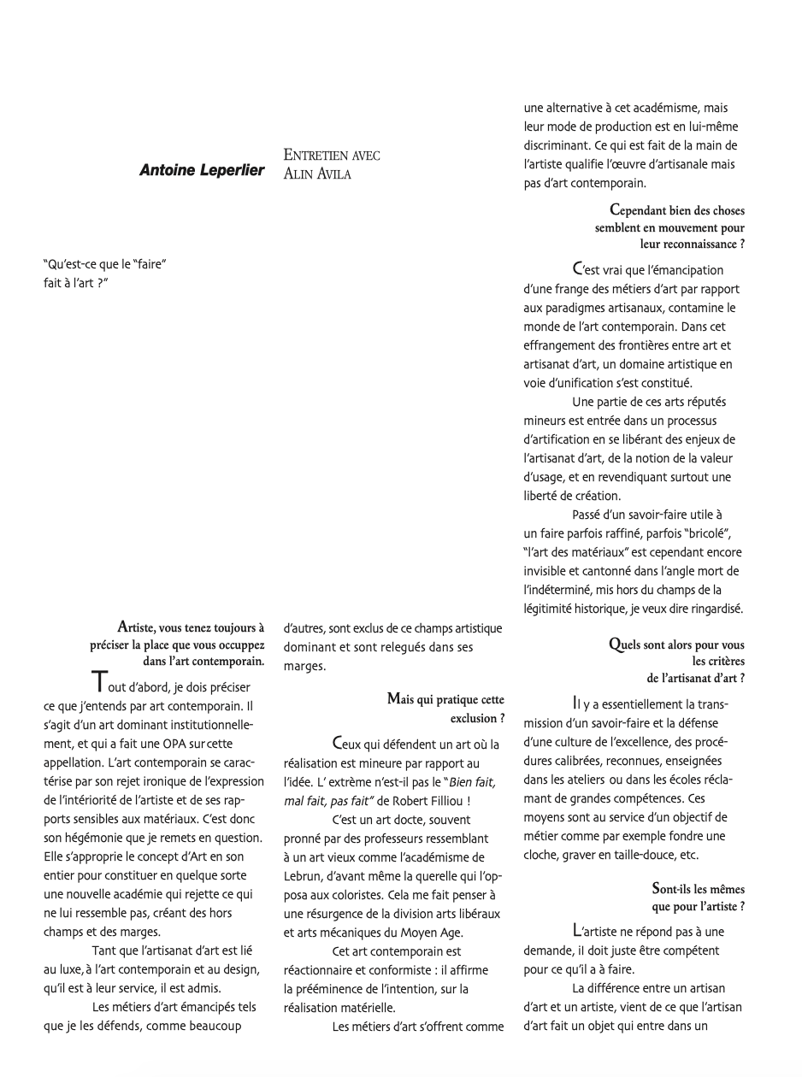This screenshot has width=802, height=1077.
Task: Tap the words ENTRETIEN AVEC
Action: [x=332, y=156]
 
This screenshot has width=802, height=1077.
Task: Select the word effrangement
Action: [x=561, y=344]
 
